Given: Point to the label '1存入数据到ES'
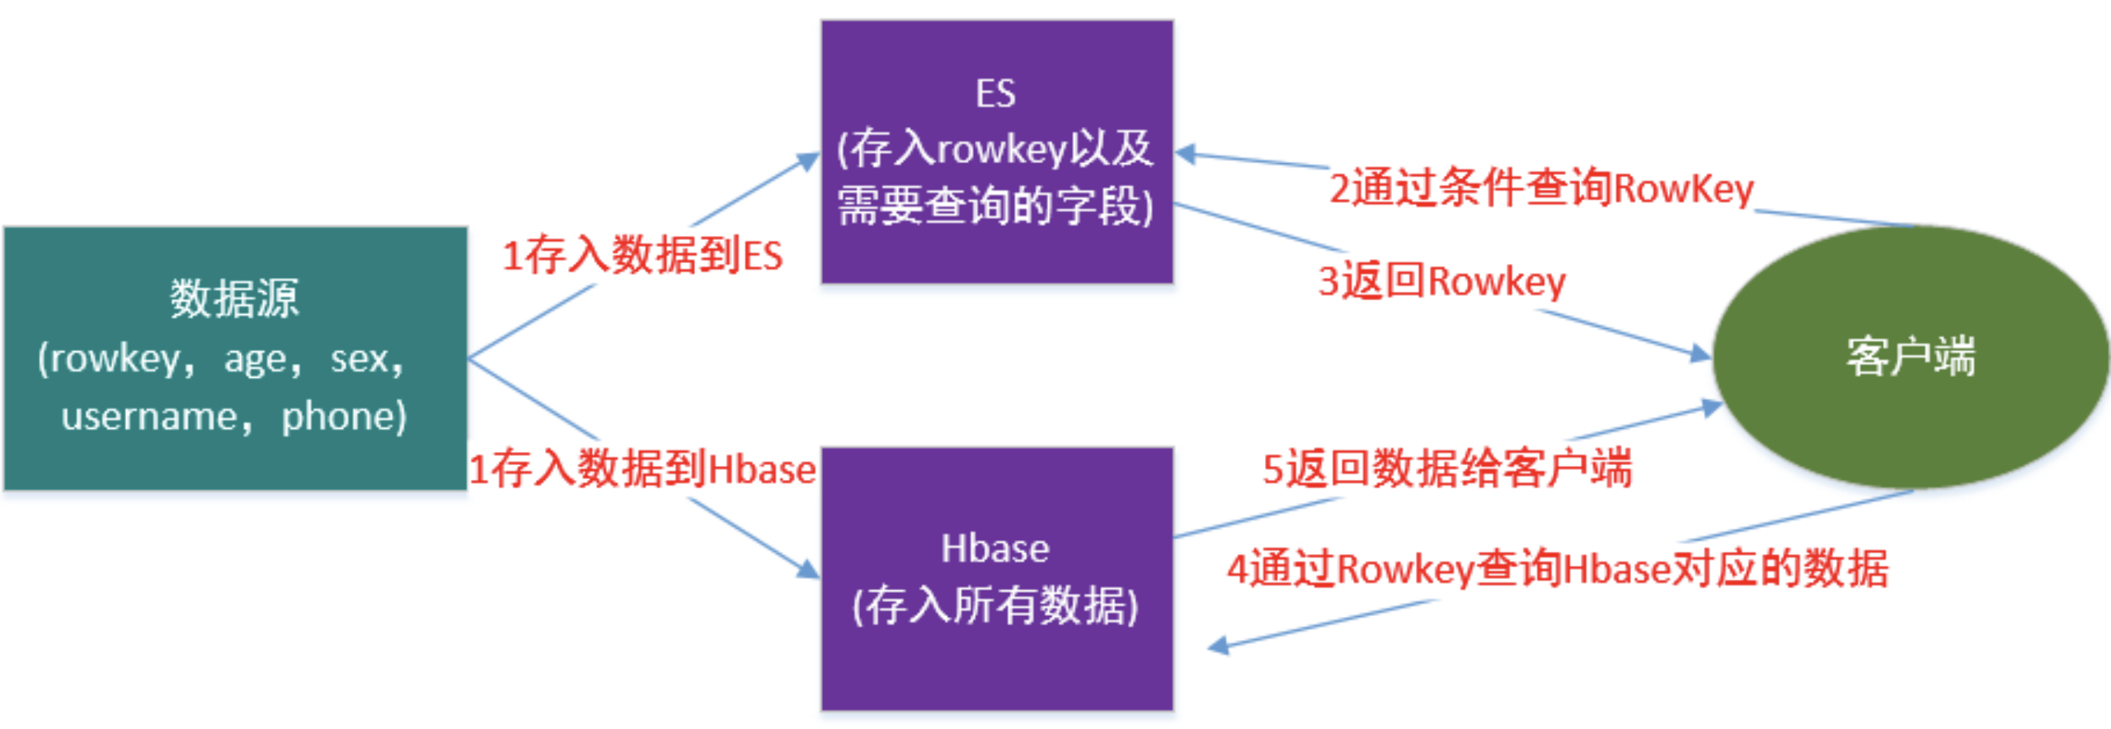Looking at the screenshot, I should tap(642, 255).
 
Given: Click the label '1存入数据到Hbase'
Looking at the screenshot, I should tap(642, 469).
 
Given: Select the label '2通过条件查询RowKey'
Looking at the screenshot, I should tap(1540, 188).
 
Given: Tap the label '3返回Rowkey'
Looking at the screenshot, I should tap(1441, 281).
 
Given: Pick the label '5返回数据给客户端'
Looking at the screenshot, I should tap(1447, 468).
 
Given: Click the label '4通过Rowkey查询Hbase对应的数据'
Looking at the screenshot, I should tap(1557, 569).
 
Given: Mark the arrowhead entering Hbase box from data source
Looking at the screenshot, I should tap(808, 569).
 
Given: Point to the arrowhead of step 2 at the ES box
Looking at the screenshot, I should tap(1186, 153).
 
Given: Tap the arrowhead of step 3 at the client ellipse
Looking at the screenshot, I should tap(1700, 355).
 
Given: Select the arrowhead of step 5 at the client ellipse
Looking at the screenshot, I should tap(1712, 407).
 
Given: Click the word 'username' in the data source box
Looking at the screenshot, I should tap(148, 416).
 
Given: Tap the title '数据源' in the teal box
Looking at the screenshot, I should tap(235, 299).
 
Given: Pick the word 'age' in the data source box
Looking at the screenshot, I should tap(256, 360).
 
